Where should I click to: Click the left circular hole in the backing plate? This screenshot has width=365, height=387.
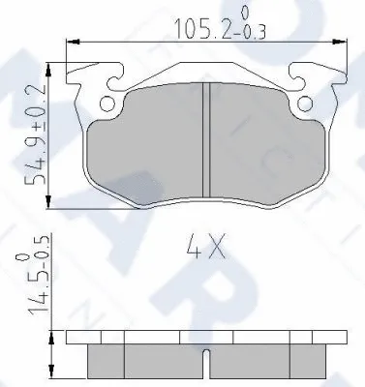tap(107, 101)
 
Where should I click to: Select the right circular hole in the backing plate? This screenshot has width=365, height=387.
tap(306, 101)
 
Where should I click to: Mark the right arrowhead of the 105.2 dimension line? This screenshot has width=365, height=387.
tap(345, 41)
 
